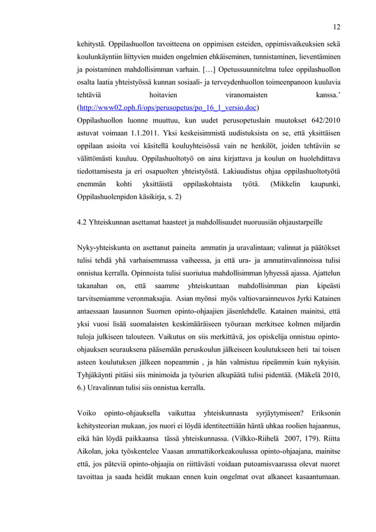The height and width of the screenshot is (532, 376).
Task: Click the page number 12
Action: point(336,27)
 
